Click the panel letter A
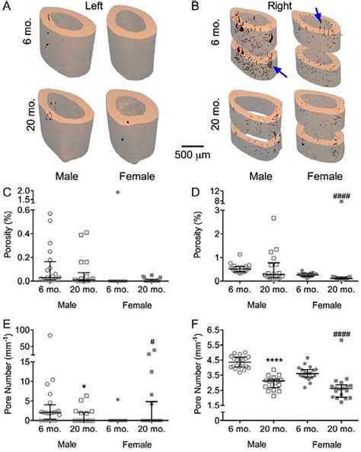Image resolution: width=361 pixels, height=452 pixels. point(6,5)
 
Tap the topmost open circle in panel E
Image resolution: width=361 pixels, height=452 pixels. point(51,336)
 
